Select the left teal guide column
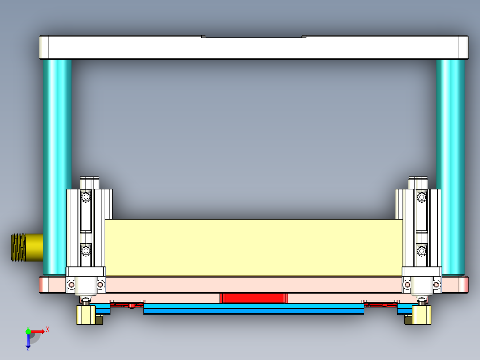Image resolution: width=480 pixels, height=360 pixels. tap(57, 165)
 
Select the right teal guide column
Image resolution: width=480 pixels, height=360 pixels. tap(450, 165)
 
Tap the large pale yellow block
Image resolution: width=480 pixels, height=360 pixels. tap(254, 247)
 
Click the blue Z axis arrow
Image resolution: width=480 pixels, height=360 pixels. tap(28, 341)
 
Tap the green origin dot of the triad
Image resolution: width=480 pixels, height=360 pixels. tap(28, 331)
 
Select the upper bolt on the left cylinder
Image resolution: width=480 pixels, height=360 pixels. tap(85, 196)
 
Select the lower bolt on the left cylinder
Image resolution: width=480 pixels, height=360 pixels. tap(85, 251)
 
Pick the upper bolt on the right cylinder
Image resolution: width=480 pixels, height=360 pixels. tap(421, 196)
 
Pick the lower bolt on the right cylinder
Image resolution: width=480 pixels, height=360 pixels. tap(421, 251)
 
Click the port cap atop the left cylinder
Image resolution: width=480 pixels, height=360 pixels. tap(89, 183)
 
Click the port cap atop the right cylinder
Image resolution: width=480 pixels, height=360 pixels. tap(418, 183)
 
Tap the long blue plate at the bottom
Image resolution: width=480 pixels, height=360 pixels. tap(254, 309)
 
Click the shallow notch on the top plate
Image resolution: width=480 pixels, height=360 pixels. tap(254, 37)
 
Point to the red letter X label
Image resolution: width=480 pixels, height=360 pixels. tap(48, 329)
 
